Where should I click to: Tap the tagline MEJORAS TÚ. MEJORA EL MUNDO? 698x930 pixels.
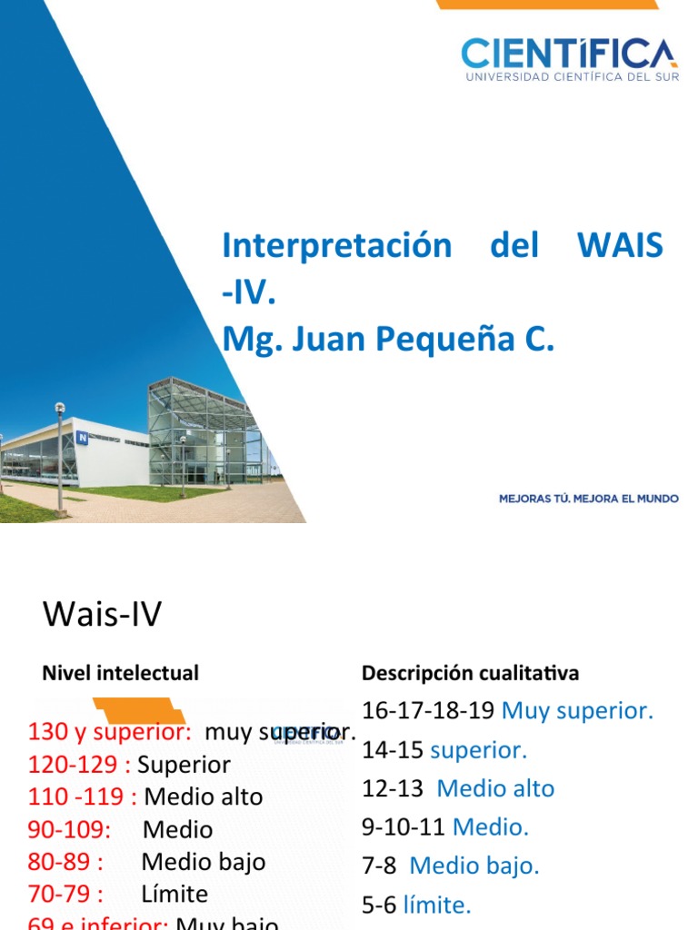click(x=589, y=498)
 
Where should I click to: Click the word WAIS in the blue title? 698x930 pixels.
click(x=620, y=245)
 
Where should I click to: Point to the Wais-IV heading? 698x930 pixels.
click(x=102, y=615)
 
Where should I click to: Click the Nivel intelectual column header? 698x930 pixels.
click(x=120, y=673)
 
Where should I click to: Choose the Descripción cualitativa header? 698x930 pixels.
click(x=470, y=673)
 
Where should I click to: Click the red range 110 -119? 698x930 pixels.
click(x=82, y=796)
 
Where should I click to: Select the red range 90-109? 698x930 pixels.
click(x=69, y=829)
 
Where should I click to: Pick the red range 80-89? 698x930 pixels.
click(x=65, y=862)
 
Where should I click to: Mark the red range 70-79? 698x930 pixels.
click(x=65, y=894)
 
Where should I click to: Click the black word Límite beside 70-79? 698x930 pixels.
click(x=174, y=894)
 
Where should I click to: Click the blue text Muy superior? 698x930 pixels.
click(x=577, y=710)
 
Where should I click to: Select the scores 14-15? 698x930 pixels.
click(x=393, y=749)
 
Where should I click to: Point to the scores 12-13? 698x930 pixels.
click(x=393, y=788)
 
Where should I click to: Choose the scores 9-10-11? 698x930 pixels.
click(x=404, y=826)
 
